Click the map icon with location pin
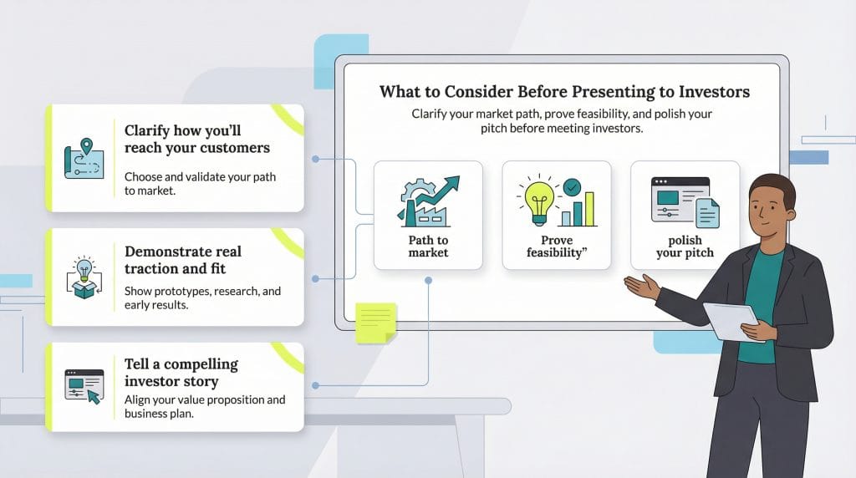(84, 158)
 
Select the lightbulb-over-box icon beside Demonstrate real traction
(84, 277)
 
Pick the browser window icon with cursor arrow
(84, 387)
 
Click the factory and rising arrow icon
(429, 201)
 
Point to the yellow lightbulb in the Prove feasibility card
(539, 201)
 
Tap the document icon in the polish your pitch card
(707, 213)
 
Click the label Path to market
(429, 246)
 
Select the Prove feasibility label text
(557, 246)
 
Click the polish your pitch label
(685, 246)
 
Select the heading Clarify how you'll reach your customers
(197, 140)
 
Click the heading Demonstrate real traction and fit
(183, 260)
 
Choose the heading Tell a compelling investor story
(181, 373)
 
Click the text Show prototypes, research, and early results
(202, 298)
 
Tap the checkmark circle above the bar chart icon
(572, 187)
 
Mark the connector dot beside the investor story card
(315, 385)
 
